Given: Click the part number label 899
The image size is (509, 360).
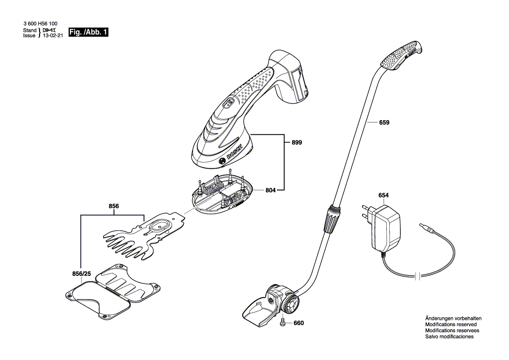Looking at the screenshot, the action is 297,143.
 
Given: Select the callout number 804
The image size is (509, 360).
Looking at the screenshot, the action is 270,190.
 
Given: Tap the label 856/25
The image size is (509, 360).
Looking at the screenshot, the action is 81,274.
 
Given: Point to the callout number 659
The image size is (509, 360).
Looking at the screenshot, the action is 384,122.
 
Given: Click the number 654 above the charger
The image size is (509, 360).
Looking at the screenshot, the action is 383,195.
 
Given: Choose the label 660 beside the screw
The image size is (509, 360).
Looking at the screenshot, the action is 299,323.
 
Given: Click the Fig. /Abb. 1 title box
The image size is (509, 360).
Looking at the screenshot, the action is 88,32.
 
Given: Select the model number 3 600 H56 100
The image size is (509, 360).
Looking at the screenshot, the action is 40,24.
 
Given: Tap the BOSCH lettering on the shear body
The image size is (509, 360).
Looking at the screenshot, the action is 235,152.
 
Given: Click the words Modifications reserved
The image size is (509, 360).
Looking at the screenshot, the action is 451,325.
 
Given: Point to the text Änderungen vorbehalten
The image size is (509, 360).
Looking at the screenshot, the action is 453,319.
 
